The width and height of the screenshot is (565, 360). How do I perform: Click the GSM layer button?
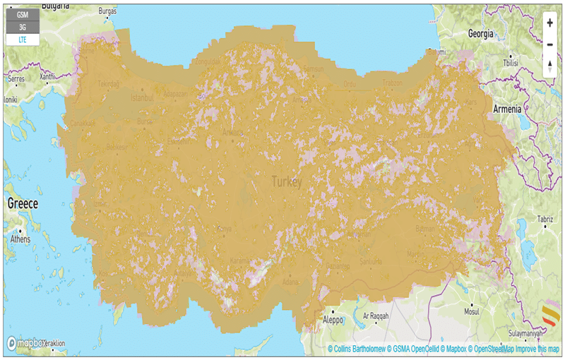coord(23,13)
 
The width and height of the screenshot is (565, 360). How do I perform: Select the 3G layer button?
coord(23,27)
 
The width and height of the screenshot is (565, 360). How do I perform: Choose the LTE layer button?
coord(23,40)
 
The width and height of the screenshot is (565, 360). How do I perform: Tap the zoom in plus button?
coord(549,23)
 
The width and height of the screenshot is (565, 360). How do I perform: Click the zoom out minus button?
coord(549,44)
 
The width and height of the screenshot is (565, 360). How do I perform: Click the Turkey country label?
coord(287,182)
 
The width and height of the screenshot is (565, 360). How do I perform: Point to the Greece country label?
coord(22,203)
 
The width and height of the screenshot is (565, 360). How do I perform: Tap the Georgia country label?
coord(481,33)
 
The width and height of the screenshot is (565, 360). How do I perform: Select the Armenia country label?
coord(506,109)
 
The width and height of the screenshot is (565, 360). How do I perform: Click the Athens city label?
coord(20,239)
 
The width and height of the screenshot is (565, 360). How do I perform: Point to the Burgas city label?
coord(108,12)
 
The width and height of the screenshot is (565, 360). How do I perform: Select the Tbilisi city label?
coord(510,63)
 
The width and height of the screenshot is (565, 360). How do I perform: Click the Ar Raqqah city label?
coord(376,316)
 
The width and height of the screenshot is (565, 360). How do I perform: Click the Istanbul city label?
coord(141,97)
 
